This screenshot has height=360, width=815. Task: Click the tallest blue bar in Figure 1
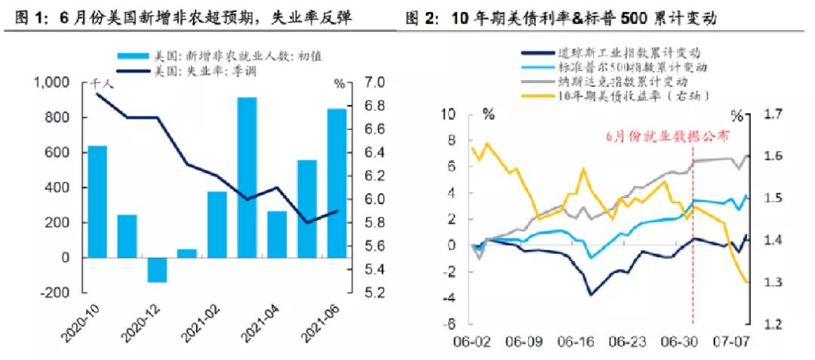[x=247, y=177]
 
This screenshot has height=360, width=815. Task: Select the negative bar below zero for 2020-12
[x=157, y=269]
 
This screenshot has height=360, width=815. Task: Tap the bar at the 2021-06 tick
[x=336, y=183]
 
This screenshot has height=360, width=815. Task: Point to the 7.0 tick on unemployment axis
[x=376, y=82]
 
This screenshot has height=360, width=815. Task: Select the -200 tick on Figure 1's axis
[x=54, y=293]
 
